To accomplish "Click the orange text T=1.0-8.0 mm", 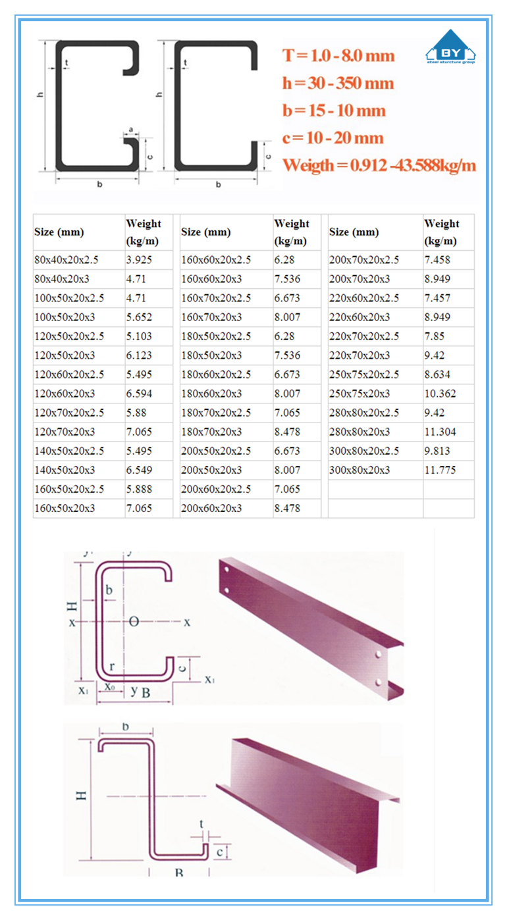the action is click(x=338, y=55).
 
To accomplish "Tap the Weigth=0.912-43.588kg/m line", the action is click(x=379, y=165).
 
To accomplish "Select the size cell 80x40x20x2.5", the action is click(x=67, y=259).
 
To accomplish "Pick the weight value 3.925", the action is click(x=139, y=259).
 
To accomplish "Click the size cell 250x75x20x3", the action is click(x=359, y=394).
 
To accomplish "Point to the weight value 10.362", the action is click(x=440, y=394).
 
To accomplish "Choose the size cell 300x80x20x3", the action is click(x=359, y=470).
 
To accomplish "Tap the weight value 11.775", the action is click(x=440, y=470).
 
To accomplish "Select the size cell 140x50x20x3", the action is click(x=65, y=470).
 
